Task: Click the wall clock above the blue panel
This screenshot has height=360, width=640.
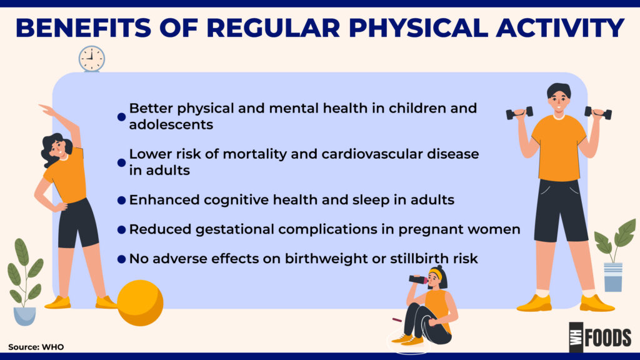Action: tap(92, 59)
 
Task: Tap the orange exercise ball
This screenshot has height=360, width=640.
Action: tap(140, 303)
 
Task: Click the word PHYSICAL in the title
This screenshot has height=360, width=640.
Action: tap(418, 27)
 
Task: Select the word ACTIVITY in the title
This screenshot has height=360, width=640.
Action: tap(560, 27)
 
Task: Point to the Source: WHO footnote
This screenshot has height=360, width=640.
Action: tap(36, 347)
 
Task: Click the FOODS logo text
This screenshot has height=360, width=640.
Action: tap(607, 338)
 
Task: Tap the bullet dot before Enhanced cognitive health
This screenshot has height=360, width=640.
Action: tap(121, 201)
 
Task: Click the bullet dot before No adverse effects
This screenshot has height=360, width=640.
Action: tap(121, 259)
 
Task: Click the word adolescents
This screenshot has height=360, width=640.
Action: tap(171, 124)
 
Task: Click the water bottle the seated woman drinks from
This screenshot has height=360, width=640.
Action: tap(418, 279)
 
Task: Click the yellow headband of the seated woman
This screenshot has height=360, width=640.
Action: tap(436, 273)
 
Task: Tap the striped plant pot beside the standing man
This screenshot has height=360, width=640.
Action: tap(613, 277)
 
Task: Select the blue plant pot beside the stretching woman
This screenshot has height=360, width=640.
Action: tap(24, 316)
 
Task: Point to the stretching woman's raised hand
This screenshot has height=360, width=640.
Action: tap(46, 109)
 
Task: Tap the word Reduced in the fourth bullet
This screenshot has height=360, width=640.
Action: tap(160, 229)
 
